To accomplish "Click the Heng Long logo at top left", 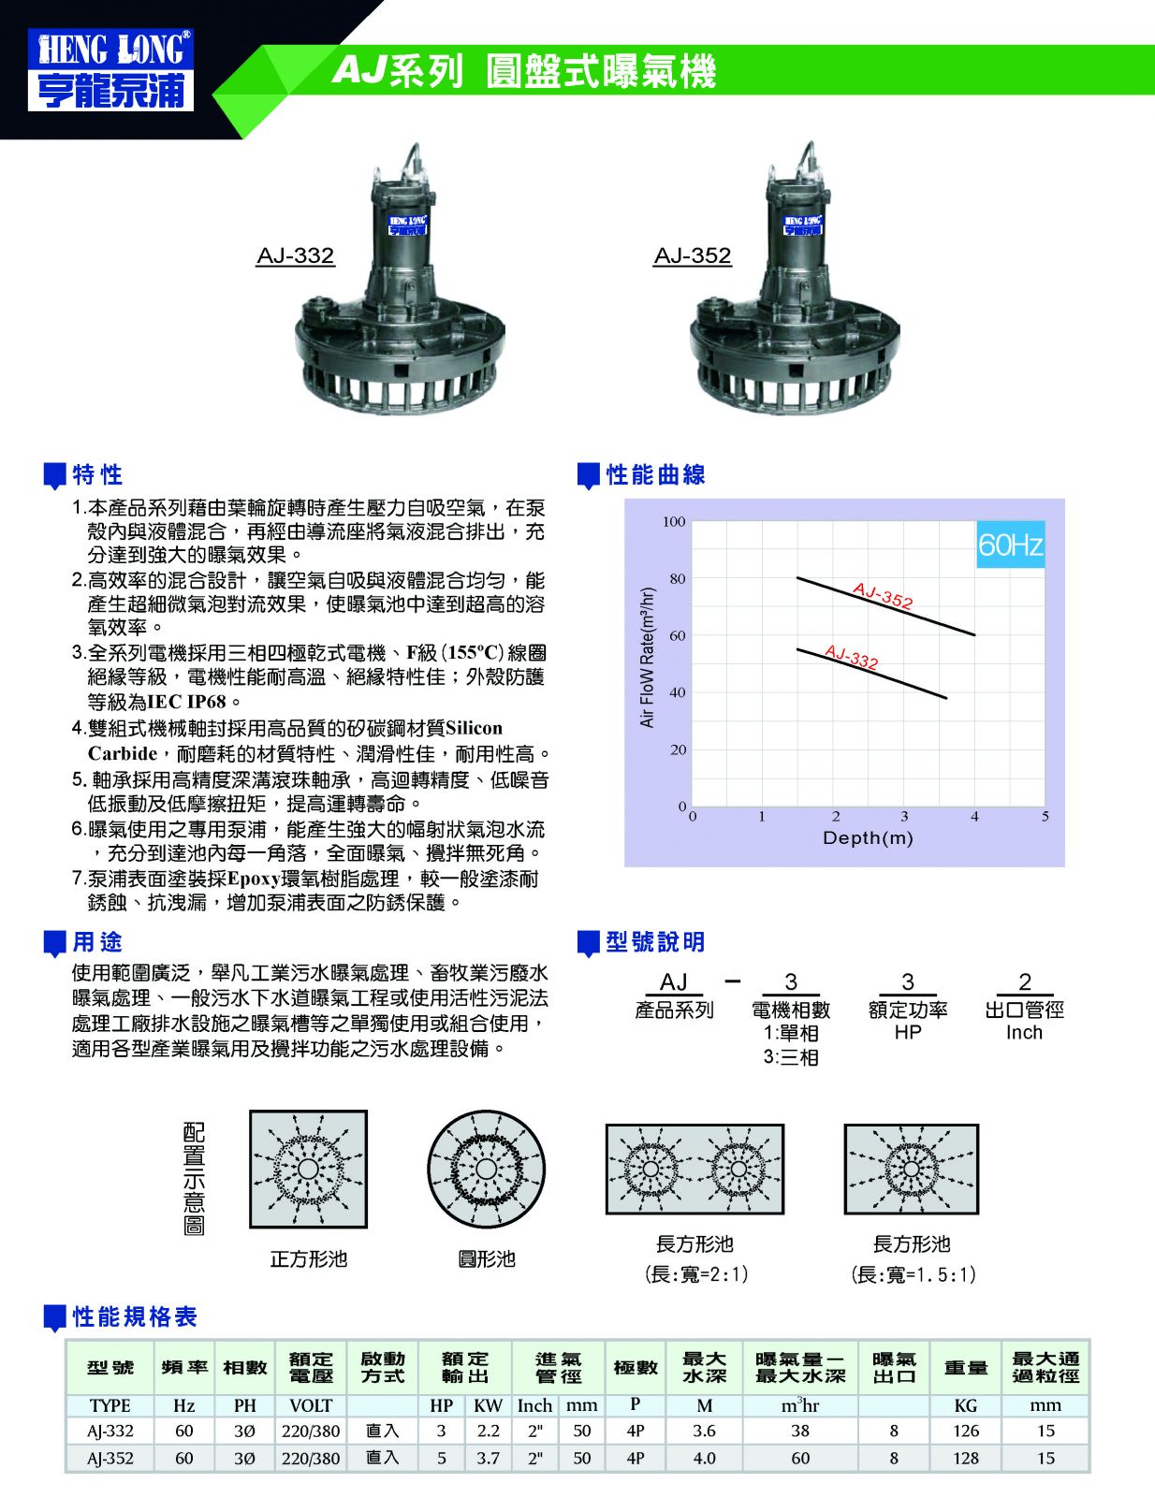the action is coord(110,69).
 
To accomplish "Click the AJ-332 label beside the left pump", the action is coord(295,255).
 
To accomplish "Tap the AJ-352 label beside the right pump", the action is coord(692,255).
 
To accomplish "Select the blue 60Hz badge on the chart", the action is coord(1010,545).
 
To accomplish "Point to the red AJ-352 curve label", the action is coord(883,595).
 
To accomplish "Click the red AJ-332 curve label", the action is coord(851,657).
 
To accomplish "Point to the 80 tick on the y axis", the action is coord(678,578).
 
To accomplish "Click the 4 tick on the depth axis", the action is coord(974,817).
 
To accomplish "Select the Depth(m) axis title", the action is coord(868,837).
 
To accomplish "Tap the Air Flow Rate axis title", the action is coord(647,657).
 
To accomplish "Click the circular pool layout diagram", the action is coord(487,1170).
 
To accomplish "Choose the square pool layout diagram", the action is coord(308,1170).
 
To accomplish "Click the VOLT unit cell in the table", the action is coord(311,1405).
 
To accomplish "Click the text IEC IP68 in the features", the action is coord(187,702).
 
